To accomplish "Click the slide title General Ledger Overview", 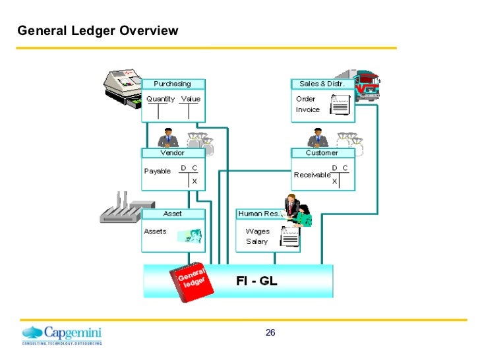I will [98, 31].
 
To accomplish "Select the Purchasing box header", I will [173, 84].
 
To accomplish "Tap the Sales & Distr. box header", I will [322, 84].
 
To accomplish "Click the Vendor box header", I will [173, 152].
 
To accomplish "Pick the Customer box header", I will [322, 152].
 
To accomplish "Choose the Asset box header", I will [173, 214].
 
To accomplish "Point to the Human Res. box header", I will [258, 214].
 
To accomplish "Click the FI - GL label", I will [256, 281].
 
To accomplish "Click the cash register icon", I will [123, 88].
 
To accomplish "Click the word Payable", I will [157, 171].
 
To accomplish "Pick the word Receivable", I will [312, 175].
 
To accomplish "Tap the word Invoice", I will [308, 110].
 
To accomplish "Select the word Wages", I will [257, 231].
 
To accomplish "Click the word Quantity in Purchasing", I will [160, 99].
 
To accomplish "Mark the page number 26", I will [270, 332].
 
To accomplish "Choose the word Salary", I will [256, 241].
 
